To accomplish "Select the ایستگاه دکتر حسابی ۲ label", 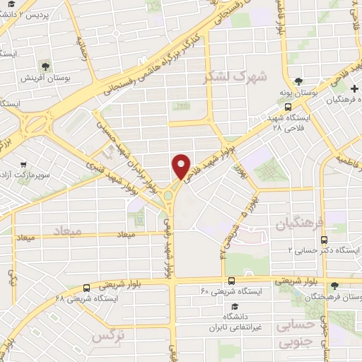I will click(x=322, y=250).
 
